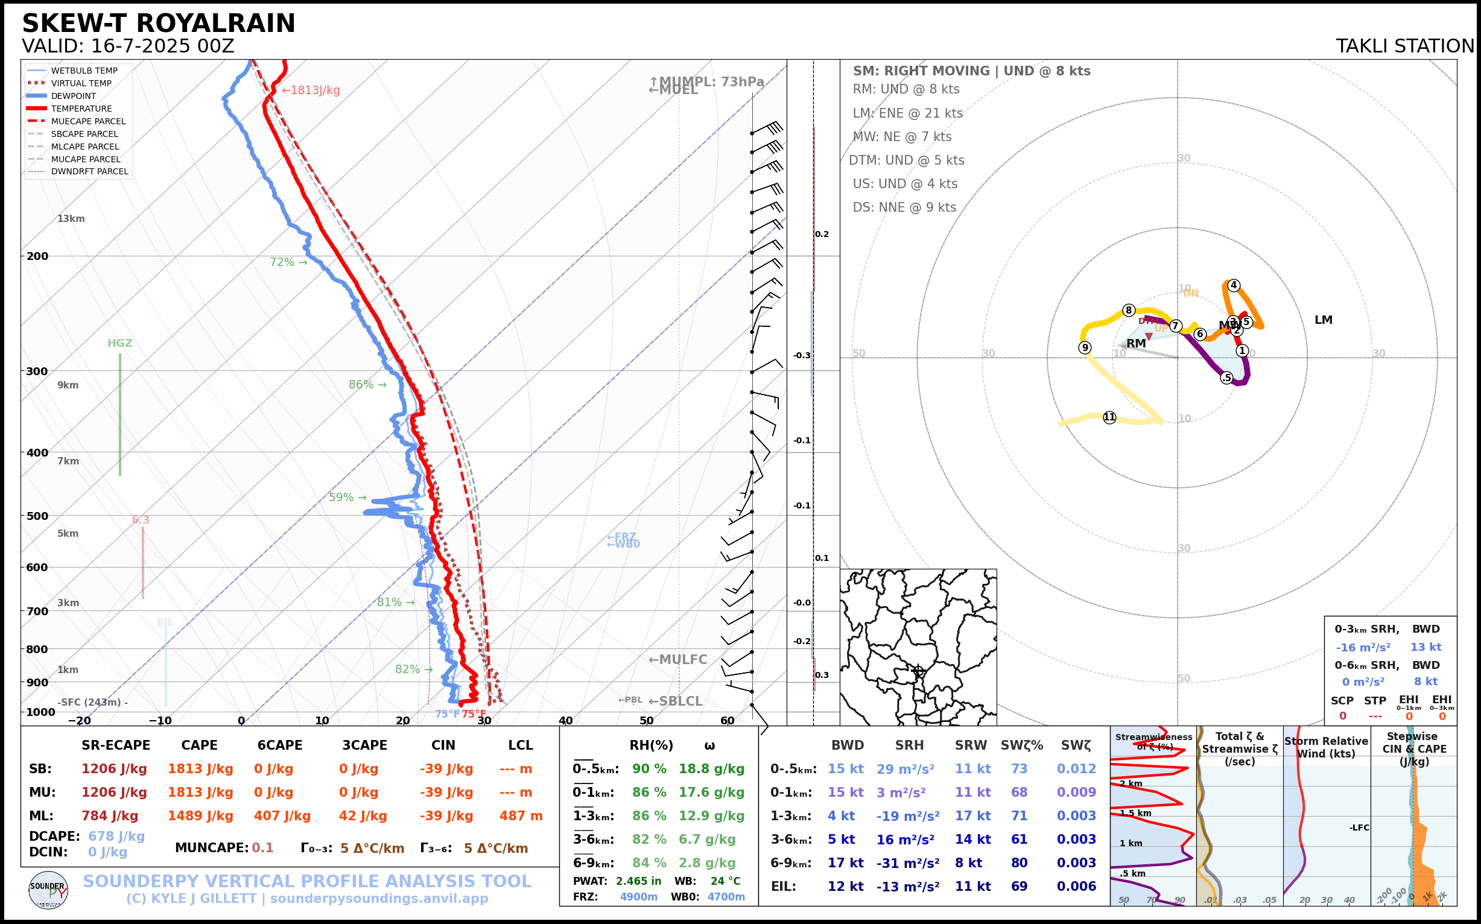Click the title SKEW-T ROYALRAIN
(158, 24)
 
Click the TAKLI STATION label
(1404, 46)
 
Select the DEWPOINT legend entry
(74, 96)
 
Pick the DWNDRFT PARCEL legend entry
(89, 172)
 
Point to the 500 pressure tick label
(37, 516)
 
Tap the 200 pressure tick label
(37, 257)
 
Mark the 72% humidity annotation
(282, 262)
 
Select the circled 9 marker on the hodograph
(1085, 348)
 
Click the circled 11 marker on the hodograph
(1109, 417)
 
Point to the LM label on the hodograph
(1324, 320)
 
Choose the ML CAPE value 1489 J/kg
(200, 816)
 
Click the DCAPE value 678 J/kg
(116, 836)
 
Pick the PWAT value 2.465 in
(638, 881)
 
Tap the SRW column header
(971, 745)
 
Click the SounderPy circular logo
(48, 890)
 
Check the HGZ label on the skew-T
(120, 343)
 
